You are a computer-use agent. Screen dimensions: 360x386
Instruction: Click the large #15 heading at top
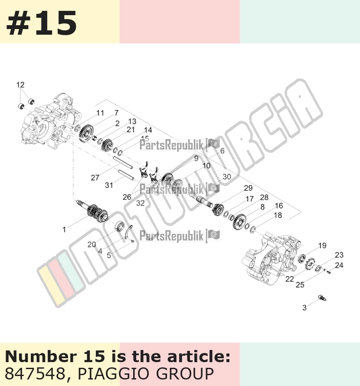tap(41, 23)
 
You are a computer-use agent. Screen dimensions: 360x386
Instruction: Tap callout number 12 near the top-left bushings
tap(20, 85)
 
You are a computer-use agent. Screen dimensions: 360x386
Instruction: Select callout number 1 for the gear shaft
tap(64, 230)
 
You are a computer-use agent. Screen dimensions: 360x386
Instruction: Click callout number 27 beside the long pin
tap(95, 177)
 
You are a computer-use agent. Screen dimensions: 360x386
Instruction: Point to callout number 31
tap(109, 185)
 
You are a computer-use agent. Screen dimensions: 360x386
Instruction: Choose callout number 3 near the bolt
tap(304, 308)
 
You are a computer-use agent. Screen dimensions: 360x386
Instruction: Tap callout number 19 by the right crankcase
tap(322, 245)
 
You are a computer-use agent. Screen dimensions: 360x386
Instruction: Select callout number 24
tap(339, 265)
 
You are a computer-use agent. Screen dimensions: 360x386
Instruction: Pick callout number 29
tap(248, 188)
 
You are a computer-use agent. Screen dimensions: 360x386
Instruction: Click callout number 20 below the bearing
tap(92, 245)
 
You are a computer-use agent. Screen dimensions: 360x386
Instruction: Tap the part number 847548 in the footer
tap(34, 373)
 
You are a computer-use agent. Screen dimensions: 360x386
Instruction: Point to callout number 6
tap(223, 150)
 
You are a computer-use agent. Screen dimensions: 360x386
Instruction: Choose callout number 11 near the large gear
tap(100, 113)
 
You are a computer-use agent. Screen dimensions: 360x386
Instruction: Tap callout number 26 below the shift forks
tap(127, 197)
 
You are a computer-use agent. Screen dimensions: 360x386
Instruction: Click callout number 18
tap(278, 216)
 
